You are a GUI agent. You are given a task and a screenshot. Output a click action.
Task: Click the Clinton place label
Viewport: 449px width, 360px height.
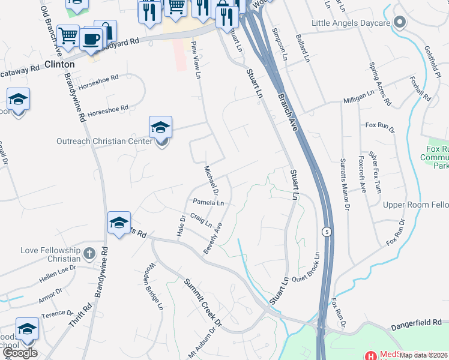tap(59, 64)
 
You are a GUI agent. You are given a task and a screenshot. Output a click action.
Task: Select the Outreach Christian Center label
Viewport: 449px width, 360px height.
tap(106, 142)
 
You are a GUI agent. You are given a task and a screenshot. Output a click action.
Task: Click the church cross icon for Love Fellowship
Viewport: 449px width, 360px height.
tap(89, 253)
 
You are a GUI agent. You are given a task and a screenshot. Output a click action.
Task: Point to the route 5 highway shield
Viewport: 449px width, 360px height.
tap(326, 231)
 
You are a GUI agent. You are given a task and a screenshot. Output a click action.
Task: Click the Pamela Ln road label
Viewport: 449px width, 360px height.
tap(208, 203)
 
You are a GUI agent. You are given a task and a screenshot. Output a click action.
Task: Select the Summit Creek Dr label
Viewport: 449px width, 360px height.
tap(202, 303)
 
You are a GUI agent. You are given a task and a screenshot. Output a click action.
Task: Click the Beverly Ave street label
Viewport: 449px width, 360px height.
tap(213, 238)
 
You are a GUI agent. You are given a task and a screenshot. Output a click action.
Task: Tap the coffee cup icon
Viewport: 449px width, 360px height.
tap(91, 40)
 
